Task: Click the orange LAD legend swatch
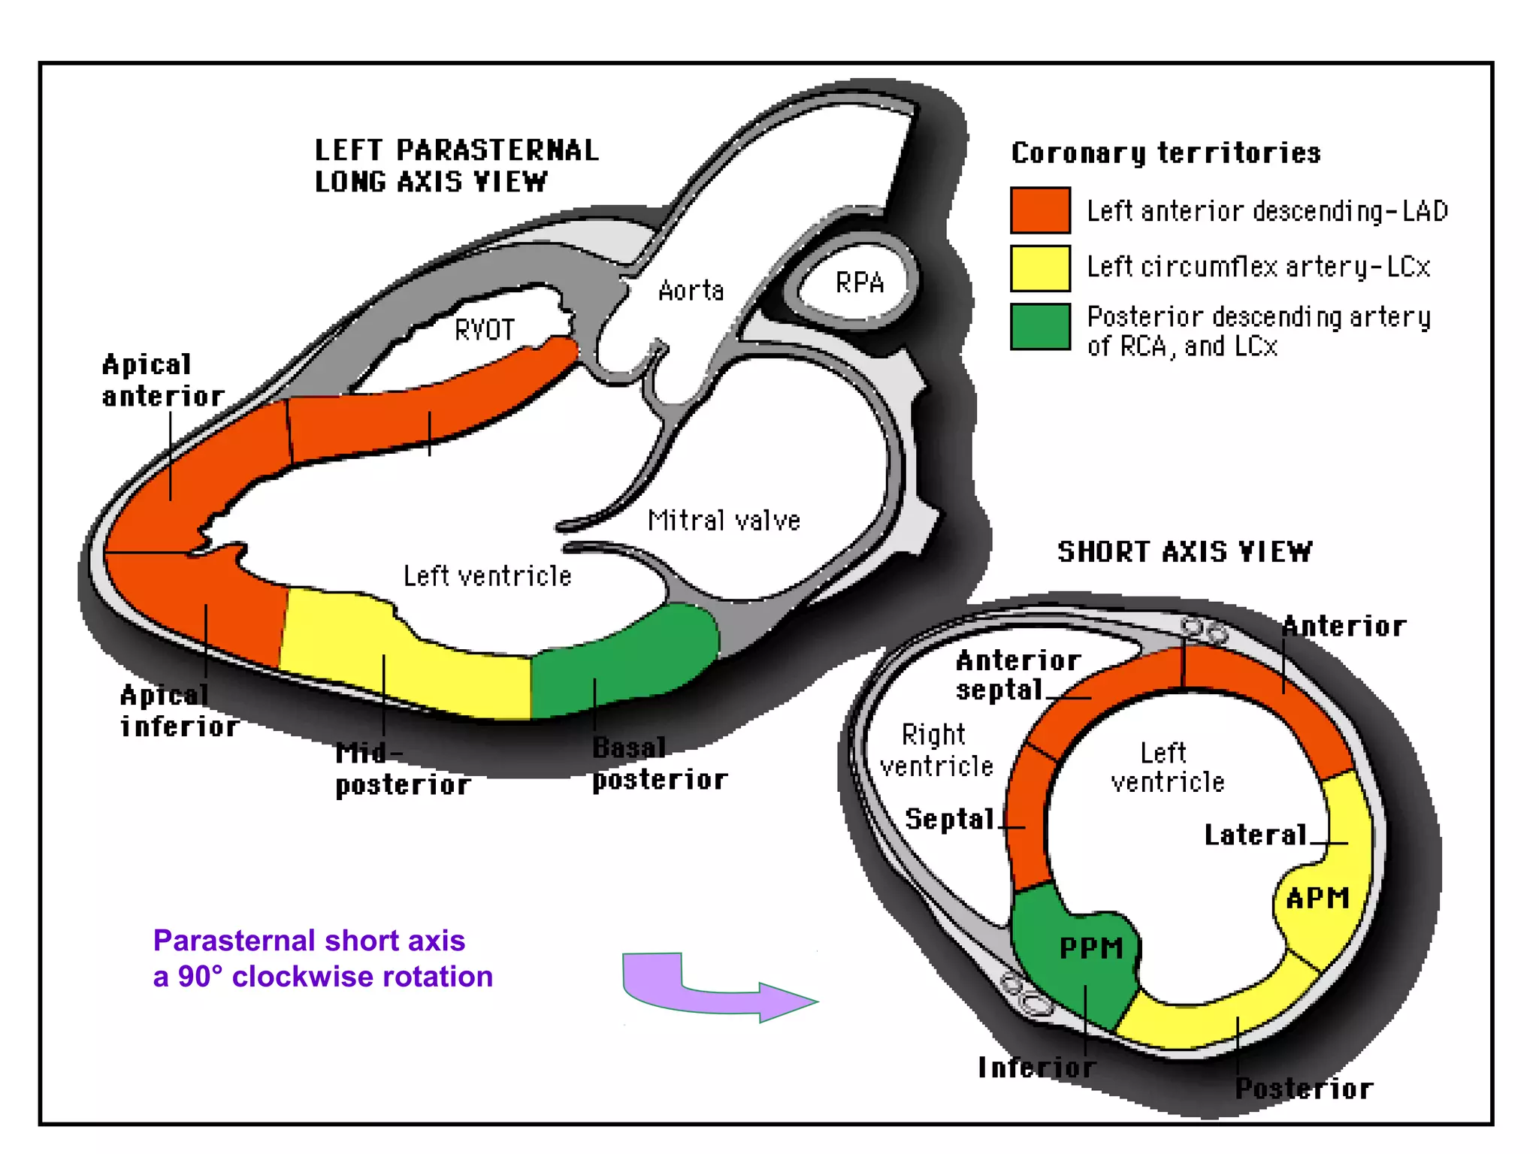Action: click(1040, 210)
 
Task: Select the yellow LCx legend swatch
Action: click(1040, 268)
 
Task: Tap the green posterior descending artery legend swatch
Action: click(1040, 327)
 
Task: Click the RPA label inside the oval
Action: click(860, 283)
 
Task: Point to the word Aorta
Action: click(691, 291)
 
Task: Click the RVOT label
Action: click(485, 330)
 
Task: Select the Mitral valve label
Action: click(724, 521)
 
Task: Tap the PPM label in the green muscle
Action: click(1091, 948)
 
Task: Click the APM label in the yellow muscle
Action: click(1317, 898)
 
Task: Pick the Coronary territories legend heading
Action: click(1166, 153)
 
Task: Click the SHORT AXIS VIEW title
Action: click(1184, 552)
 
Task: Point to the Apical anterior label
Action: click(162, 381)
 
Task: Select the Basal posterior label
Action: click(659, 764)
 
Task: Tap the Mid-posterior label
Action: click(402, 769)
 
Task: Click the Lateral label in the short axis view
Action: click(1256, 835)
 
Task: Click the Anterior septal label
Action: click(1016, 675)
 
